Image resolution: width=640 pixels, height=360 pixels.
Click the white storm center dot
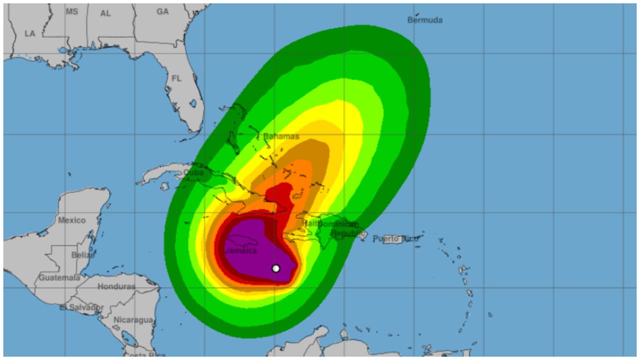tap(275, 268)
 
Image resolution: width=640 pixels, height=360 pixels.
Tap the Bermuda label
tap(424, 20)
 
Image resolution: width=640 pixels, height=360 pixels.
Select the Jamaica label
tap(241, 250)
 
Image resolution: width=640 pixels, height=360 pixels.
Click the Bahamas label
tap(281, 136)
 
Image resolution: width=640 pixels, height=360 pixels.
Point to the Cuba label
tap(193, 172)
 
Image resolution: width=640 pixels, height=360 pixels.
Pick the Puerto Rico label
tap(395, 239)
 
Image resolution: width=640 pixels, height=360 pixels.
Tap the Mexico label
tap(71, 220)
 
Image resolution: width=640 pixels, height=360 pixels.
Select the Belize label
tap(83, 254)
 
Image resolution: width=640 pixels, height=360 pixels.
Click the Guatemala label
tap(59, 277)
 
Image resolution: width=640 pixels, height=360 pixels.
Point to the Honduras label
tap(116, 286)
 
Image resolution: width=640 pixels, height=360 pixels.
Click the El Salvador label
tap(81, 307)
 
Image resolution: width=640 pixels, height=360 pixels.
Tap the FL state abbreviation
tap(176, 78)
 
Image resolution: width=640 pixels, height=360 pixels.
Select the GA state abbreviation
tap(162, 11)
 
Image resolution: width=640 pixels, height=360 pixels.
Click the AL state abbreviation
tap(105, 13)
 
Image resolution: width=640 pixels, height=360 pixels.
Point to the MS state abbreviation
tap(72, 11)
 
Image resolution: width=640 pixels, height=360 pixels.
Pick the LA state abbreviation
tap(30, 33)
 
